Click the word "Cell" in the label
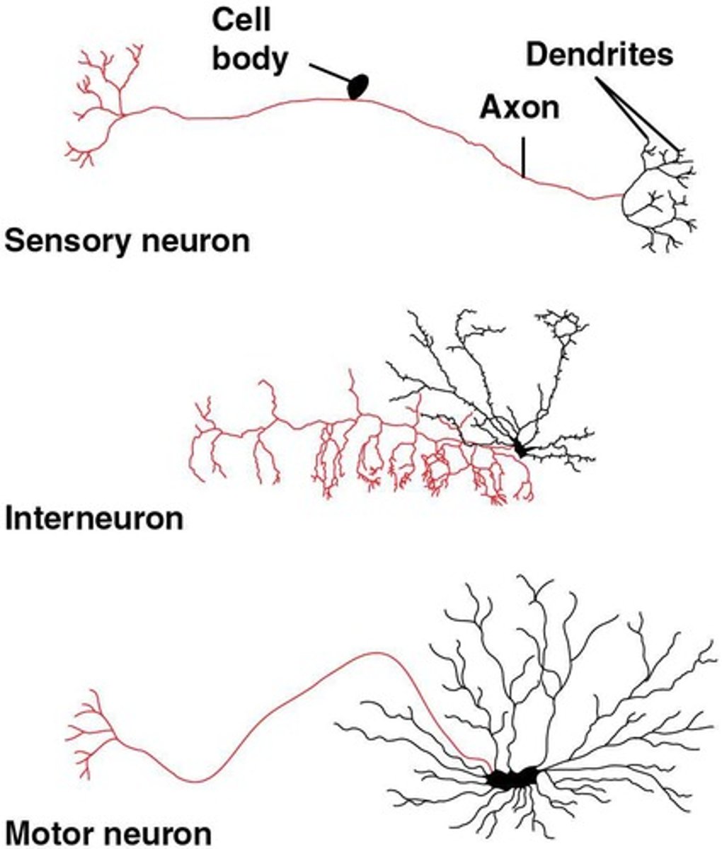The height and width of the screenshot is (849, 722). (x=242, y=21)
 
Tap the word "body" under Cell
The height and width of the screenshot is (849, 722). (x=251, y=59)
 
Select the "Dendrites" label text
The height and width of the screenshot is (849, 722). (x=600, y=55)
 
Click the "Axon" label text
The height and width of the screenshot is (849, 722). (x=520, y=108)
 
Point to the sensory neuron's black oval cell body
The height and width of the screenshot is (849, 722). (x=358, y=86)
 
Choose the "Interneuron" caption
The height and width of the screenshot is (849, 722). (x=93, y=519)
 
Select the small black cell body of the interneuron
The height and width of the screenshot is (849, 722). (x=522, y=449)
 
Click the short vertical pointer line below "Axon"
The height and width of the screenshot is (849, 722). (x=523, y=156)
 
